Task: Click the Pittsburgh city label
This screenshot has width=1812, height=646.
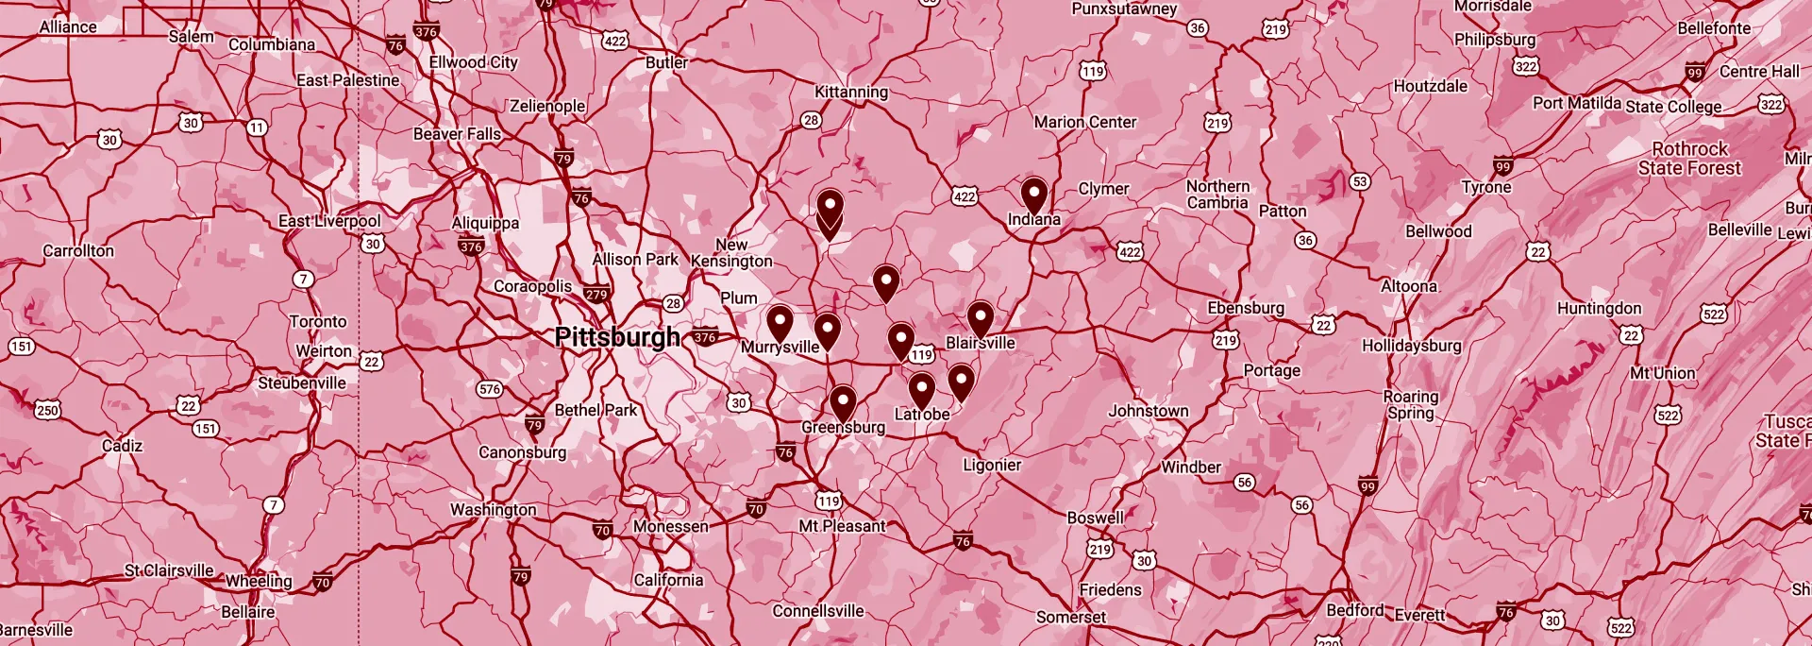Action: (617, 337)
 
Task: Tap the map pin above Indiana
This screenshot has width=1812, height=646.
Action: (1034, 195)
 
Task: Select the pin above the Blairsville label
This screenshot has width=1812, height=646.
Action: (981, 318)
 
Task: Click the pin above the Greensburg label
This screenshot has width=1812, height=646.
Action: (843, 402)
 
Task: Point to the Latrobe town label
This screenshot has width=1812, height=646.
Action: (922, 415)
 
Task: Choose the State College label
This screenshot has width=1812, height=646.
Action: (1673, 107)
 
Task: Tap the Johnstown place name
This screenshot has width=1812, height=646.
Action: (1149, 411)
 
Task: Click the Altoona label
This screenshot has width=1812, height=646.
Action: (1409, 286)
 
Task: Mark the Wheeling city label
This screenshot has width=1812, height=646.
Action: (259, 581)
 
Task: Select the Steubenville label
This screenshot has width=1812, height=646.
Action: (302, 382)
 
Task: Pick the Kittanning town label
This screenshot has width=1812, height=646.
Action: (851, 92)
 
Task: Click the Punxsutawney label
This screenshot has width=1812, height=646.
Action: (1124, 9)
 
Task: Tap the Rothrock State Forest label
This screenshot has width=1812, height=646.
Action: (1689, 159)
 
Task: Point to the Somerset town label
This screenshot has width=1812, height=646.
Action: (1071, 617)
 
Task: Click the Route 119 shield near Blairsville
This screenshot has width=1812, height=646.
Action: (922, 355)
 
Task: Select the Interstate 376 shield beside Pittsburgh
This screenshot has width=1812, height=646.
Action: (705, 337)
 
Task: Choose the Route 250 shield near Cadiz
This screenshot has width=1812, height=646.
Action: (47, 410)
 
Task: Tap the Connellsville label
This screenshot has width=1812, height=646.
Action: (818, 611)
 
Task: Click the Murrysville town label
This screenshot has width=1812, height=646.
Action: (780, 348)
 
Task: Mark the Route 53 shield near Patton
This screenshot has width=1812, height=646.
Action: (1359, 181)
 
